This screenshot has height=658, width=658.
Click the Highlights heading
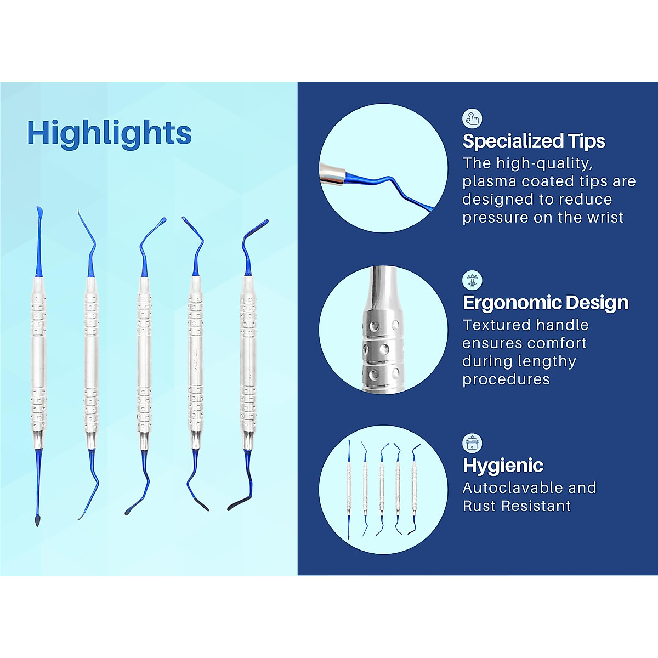point(109,133)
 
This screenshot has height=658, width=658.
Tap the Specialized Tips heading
point(534,141)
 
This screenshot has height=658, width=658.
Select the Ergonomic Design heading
point(546,303)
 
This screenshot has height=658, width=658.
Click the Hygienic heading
point(503,466)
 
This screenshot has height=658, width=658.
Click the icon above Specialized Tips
point(472,118)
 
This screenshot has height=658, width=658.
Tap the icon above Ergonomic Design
point(472,280)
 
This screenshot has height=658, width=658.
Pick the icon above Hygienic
point(472,443)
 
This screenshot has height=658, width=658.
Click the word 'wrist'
point(605,218)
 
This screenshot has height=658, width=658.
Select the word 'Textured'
point(497,325)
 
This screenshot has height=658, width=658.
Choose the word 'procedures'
point(506,379)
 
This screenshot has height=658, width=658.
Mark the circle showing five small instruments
point(383,490)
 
